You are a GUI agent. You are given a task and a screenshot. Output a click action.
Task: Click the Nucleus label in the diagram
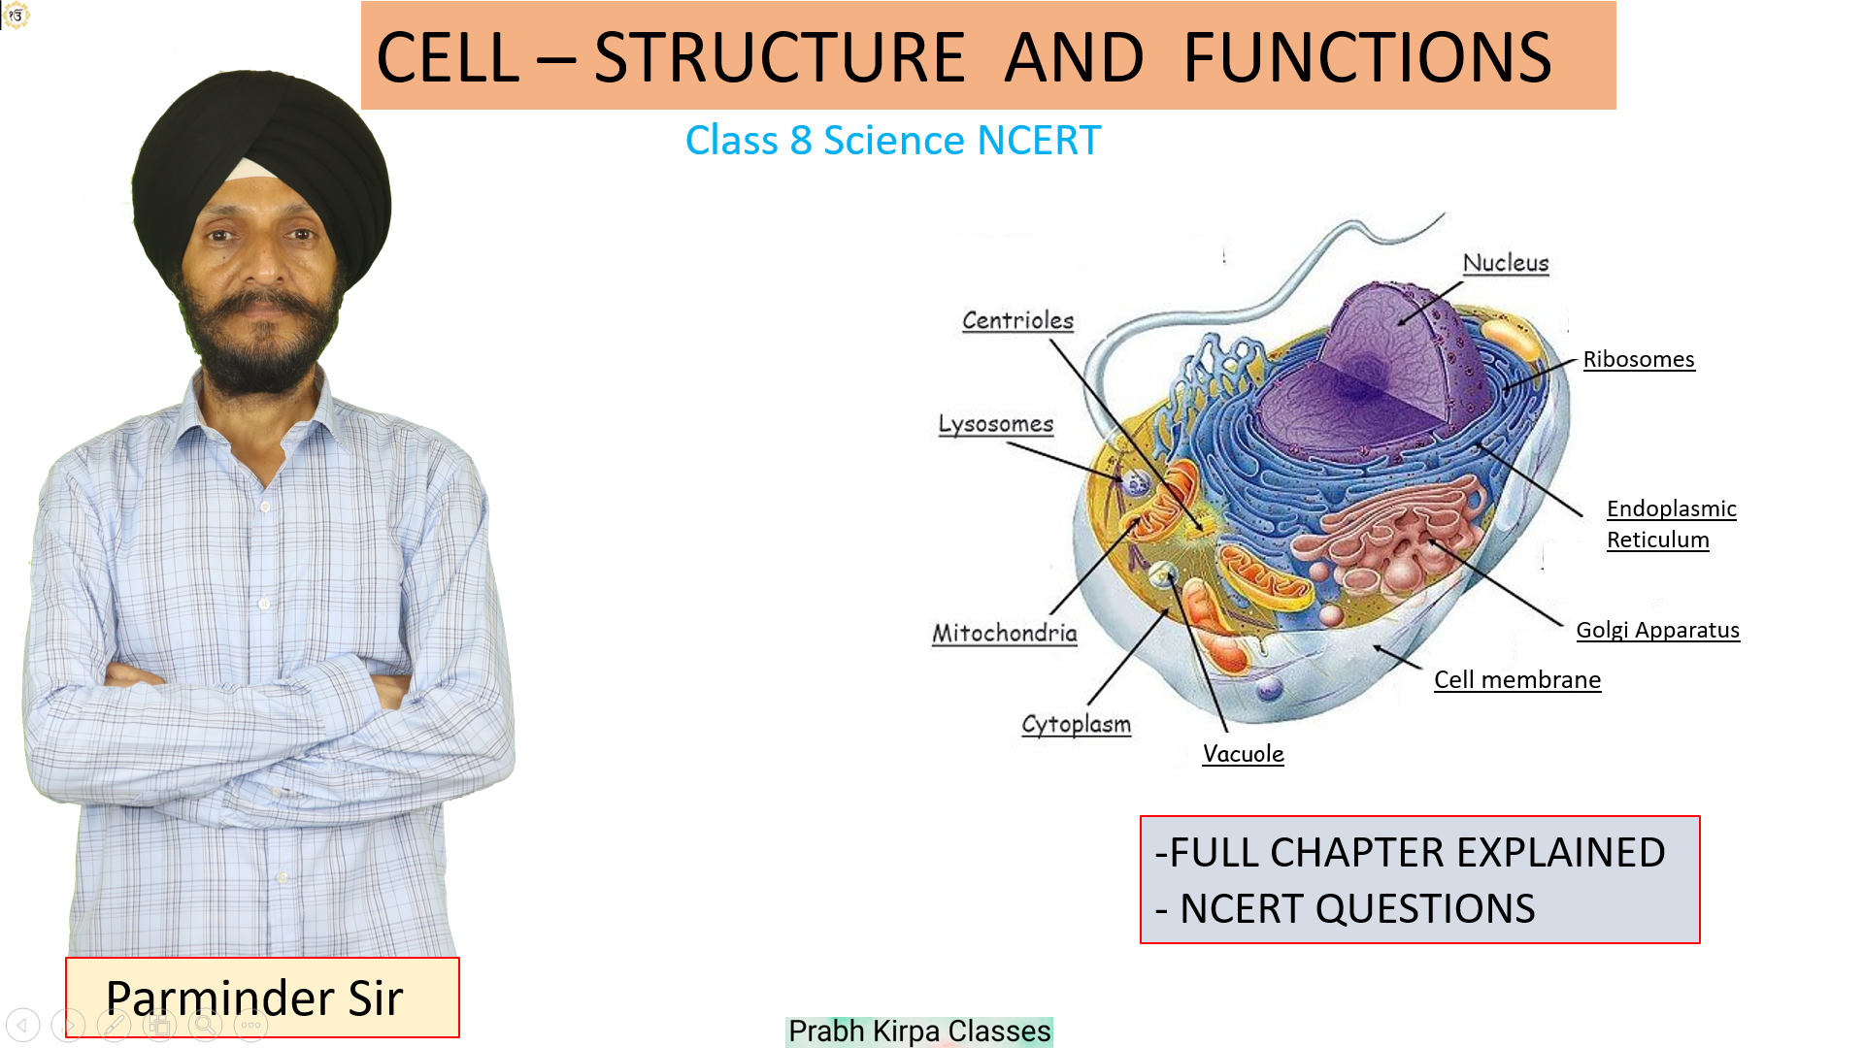pyautogui.click(x=1506, y=263)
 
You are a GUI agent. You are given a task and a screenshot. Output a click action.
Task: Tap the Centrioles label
pyautogui.click(x=1017, y=320)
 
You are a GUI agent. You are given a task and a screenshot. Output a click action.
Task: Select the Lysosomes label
pyautogui.click(x=995, y=424)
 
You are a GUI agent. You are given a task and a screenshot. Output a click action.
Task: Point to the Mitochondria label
pyautogui.click(x=1005, y=633)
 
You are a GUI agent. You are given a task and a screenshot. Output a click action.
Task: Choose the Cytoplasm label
pyautogui.click(x=1076, y=724)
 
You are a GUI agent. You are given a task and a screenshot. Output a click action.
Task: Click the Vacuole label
pyautogui.click(x=1244, y=754)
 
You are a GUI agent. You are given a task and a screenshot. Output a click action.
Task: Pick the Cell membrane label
pyautogui.click(x=1517, y=679)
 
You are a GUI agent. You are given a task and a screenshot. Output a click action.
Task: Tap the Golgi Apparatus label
pyautogui.click(x=1658, y=630)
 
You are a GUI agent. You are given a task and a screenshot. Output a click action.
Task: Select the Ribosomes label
pyautogui.click(x=1639, y=359)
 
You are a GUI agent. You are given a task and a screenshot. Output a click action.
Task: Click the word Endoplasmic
pyautogui.click(x=1672, y=508)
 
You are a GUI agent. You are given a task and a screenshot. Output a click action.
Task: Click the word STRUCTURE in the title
pyautogui.click(x=779, y=57)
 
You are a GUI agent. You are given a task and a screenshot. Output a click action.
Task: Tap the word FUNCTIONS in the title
pyautogui.click(x=1368, y=57)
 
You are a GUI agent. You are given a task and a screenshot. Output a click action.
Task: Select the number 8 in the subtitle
pyautogui.click(x=801, y=141)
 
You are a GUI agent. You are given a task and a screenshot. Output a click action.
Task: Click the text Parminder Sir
pyautogui.click(x=254, y=998)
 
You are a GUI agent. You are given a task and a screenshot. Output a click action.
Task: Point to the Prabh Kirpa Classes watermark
pyautogui.click(x=919, y=1031)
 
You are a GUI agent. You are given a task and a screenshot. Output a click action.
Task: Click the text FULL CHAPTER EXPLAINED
pyautogui.click(x=1417, y=852)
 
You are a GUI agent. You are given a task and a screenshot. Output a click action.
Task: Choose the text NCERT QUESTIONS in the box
pyautogui.click(x=1357, y=909)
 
